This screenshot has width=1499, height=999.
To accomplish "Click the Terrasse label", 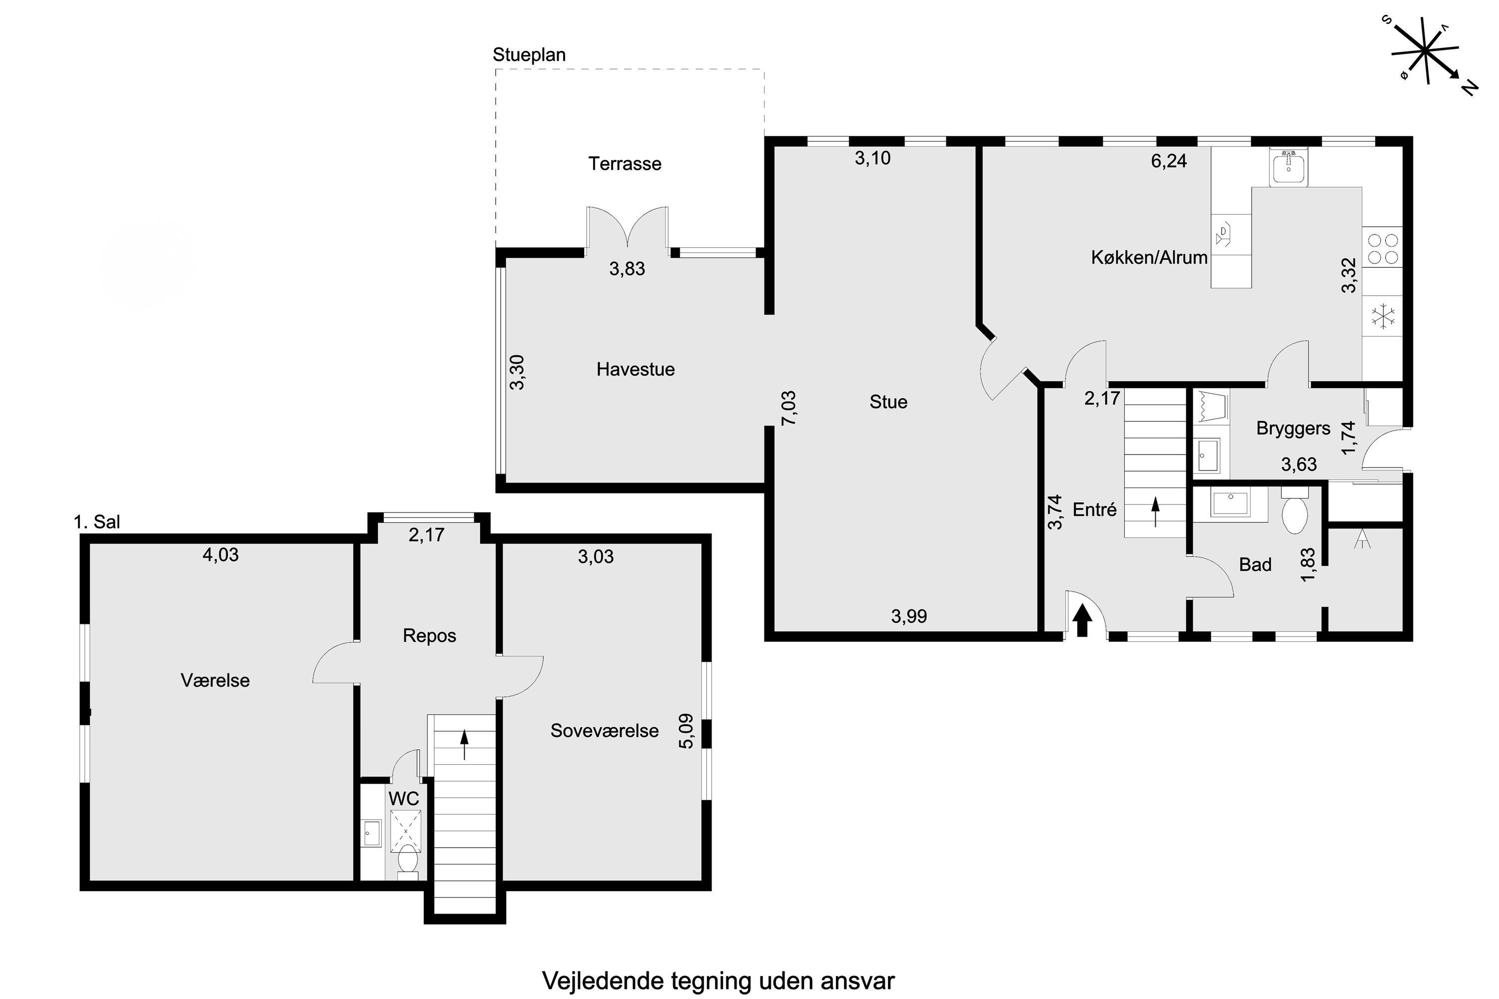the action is [625, 164].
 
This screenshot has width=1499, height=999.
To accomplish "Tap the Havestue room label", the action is [636, 369].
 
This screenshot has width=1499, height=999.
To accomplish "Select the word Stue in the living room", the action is [888, 402].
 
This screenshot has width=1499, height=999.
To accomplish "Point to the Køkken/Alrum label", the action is [1149, 257].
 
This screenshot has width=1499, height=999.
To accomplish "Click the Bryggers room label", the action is [1293, 428].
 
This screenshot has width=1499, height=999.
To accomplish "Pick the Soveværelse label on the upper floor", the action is [604, 730].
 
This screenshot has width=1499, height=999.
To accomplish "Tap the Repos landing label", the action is [430, 636].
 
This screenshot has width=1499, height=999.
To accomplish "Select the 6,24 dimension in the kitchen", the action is [1169, 160].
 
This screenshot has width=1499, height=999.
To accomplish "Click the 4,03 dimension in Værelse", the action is [220, 555].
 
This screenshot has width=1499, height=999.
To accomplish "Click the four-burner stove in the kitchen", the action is [1383, 249].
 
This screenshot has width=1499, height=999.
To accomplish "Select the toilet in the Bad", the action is [1295, 510].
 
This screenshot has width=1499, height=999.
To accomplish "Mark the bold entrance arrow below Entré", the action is [1082, 620].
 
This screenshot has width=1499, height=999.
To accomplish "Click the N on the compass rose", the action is [1469, 87].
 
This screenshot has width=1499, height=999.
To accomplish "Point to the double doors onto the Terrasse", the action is [628, 227].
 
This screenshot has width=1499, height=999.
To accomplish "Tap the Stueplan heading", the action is [529, 55].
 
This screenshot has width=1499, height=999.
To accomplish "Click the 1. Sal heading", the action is [97, 522].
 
